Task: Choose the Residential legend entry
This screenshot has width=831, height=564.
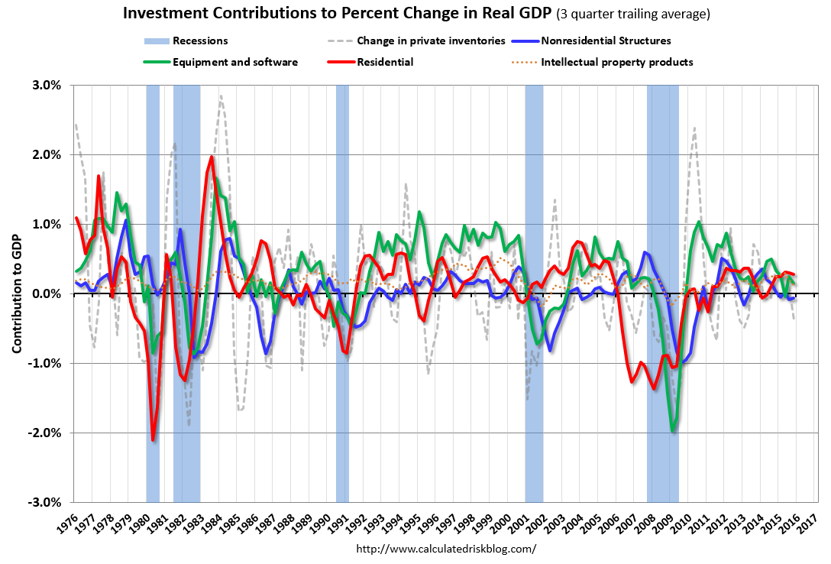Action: pos(385,62)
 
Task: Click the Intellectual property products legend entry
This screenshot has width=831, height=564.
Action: pos(616,62)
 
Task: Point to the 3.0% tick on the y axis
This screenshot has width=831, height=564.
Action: pos(47,85)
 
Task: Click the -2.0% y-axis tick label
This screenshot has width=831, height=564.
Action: pos(45,433)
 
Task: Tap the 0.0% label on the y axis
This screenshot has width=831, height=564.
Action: pos(47,293)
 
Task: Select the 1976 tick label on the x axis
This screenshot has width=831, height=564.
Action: pos(69,521)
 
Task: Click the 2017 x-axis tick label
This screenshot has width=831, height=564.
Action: pos(812,521)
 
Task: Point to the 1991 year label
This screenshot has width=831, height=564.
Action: pos(341,521)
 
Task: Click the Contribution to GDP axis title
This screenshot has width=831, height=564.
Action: pos(16,293)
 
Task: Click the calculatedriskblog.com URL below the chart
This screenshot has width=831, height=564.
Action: pos(447,549)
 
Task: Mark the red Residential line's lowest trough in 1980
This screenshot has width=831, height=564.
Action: pos(154,439)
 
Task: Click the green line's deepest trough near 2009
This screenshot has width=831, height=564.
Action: pos(673,432)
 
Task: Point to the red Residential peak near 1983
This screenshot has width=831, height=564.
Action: pos(212,157)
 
